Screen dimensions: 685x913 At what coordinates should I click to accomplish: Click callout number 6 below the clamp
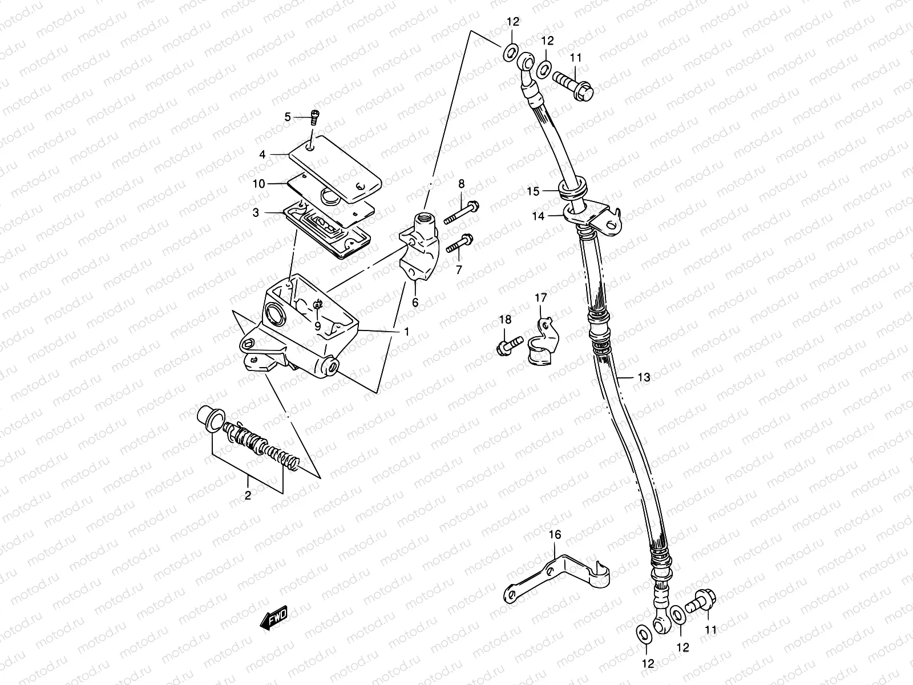click(x=415, y=303)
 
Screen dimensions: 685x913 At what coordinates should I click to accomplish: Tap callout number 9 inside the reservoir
click(x=318, y=327)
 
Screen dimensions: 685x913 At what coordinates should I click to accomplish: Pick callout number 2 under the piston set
click(x=248, y=495)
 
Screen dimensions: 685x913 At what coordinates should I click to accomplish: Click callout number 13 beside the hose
click(x=644, y=377)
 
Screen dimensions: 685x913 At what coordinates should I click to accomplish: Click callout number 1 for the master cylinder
click(x=406, y=331)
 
